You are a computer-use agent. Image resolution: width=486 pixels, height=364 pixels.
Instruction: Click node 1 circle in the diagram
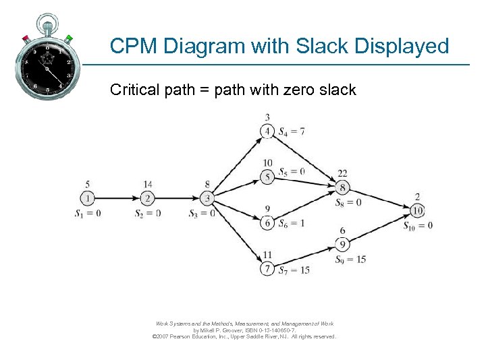point(87,198)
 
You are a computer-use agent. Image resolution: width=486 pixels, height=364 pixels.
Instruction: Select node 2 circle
point(148,198)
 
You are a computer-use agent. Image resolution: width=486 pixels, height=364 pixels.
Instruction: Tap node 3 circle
point(207,198)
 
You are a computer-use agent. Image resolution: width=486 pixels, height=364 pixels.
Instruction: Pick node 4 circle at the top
point(267,131)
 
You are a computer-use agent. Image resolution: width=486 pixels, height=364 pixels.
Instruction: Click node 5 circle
point(267,177)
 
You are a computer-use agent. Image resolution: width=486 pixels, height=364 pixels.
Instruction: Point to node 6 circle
point(267,223)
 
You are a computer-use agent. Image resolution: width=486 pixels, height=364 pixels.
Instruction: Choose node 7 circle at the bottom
point(267,269)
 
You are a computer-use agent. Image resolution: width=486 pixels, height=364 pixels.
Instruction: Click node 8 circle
point(343,188)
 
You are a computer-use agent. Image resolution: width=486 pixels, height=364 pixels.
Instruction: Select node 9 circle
point(343,245)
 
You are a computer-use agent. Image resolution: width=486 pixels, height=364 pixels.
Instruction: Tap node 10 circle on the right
point(418,211)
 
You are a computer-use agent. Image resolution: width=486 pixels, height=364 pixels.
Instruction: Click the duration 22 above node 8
point(343,174)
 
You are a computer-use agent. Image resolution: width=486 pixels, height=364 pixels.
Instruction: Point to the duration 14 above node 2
point(148,184)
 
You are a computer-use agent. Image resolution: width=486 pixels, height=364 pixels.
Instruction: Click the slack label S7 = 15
point(294,270)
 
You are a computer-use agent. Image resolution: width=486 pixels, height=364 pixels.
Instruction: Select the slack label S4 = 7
point(292,131)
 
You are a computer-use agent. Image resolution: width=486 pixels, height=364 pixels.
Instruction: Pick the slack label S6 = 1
point(292,224)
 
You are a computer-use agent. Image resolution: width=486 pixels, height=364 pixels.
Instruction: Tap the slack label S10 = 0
point(418,226)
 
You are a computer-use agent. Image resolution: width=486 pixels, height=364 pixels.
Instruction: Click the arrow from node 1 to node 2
point(117,198)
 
